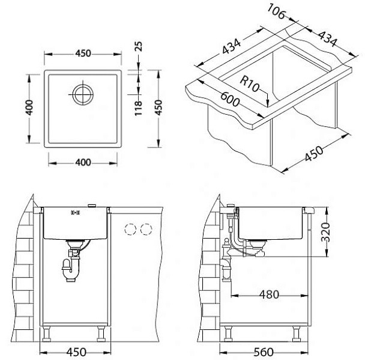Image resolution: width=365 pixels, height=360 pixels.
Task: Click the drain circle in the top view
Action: pos(83,85)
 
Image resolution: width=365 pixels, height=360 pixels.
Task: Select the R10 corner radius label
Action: pos(249,84)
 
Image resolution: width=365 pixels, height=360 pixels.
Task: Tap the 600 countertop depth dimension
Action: pos(230,99)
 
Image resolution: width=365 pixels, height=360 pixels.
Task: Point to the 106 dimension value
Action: pos(276,11)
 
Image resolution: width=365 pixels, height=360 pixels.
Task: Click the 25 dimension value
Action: pos(138,46)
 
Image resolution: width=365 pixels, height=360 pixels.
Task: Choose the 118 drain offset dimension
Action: pos(138,108)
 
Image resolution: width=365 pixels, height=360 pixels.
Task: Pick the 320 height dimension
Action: pos(325,232)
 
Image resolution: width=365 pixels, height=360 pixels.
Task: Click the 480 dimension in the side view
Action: pos(269,294)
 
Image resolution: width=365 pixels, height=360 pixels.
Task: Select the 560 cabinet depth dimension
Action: pos(264,352)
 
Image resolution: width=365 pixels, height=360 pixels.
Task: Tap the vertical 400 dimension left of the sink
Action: pos(29,107)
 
